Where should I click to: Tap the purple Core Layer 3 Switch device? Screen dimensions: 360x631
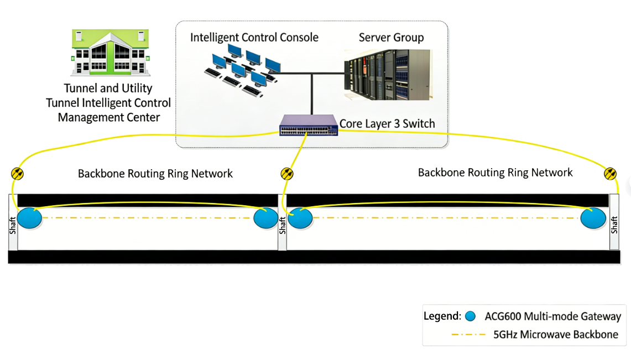[309, 126]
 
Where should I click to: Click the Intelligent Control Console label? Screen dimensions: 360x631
[254, 38]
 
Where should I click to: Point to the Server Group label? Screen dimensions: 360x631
[391, 38]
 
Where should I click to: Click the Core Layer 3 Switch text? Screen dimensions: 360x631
[387, 123]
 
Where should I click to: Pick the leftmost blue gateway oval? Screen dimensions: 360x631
[29, 218]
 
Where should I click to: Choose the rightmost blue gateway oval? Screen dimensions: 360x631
[593, 218]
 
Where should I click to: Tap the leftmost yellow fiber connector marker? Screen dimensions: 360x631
[17, 174]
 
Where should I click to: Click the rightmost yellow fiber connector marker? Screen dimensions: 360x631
[611, 174]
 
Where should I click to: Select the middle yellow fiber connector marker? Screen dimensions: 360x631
[287, 174]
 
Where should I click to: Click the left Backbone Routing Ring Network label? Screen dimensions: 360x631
[155, 174]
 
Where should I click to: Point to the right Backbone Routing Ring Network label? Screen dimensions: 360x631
[495, 173]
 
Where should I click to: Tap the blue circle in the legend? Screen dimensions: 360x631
[471, 317]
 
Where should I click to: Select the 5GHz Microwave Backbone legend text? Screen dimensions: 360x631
[555, 335]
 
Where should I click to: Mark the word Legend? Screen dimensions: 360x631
[442, 317]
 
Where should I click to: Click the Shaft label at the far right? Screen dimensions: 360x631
[614, 225]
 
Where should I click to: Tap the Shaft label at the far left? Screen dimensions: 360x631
[13, 225]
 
